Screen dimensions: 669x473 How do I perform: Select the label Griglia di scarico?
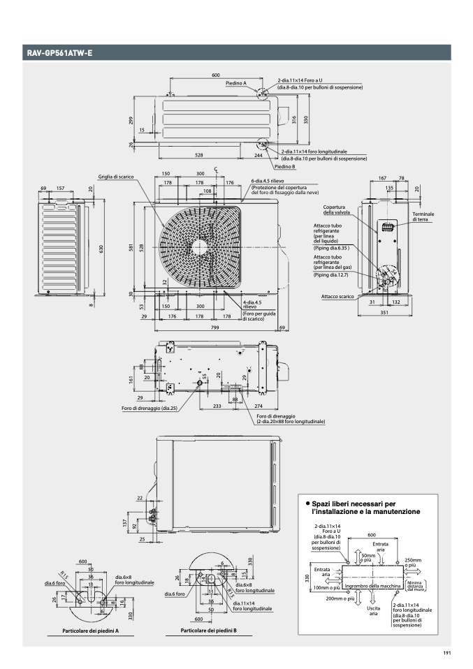(x=116, y=177)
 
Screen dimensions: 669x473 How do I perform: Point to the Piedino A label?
(x=236, y=83)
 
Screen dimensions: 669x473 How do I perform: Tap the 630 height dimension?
(x=101, y=250)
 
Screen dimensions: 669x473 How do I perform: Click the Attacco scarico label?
(x=336, y=297)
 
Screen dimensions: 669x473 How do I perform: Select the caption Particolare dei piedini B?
(x=209, y=630)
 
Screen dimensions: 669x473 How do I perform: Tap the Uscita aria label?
(x=373, y=611)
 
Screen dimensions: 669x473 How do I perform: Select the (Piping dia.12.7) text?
(x=333, y=274)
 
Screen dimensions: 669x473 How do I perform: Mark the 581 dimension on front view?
(x=131, y=247)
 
